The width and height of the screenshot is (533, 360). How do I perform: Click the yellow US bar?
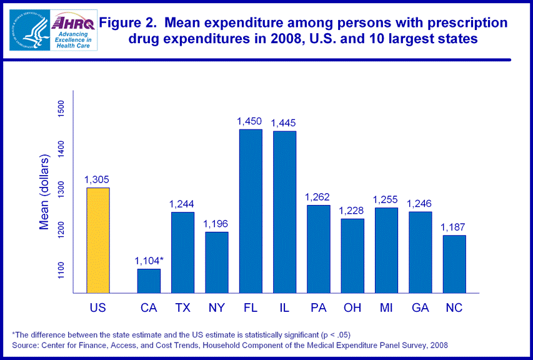[x=98, y=240]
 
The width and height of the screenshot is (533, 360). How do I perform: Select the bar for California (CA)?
[x=149, y=281]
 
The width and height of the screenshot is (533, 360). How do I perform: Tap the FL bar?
[x=250, y=211]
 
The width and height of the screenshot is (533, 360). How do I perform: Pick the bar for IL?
[x=284, y=212]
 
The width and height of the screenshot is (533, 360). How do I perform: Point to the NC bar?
[x=454, y=264]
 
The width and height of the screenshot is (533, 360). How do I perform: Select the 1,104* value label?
[x=151, y=261]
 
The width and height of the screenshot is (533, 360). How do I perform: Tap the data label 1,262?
[x=317, y=197]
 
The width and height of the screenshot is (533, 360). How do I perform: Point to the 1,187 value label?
[x=454, y=227]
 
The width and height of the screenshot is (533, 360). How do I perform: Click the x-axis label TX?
[x=182, y=307]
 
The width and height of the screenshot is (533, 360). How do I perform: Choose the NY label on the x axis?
[x=216, y=307]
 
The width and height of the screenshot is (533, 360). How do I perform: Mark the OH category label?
[x=352, y=307]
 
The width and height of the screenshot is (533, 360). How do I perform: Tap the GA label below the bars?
[x=420, y=307]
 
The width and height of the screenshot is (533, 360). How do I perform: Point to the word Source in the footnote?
[x=25, y=345]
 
